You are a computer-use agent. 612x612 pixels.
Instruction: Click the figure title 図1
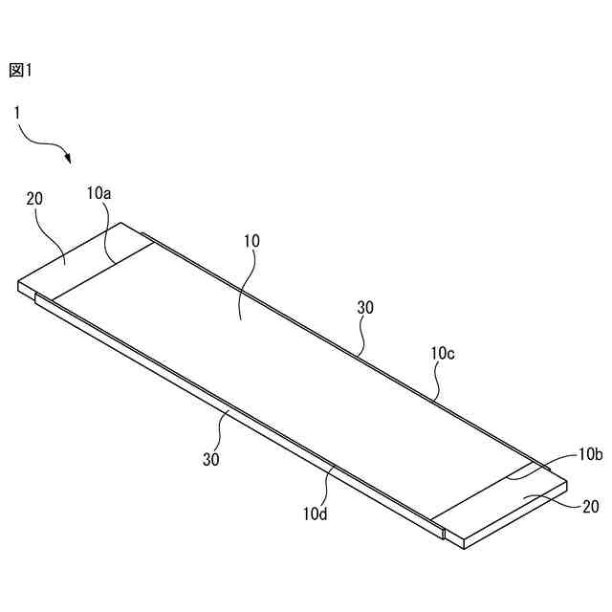[20, 70]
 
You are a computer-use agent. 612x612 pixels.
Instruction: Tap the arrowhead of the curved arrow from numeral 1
[70, 159]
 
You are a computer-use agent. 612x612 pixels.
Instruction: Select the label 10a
[98, 193]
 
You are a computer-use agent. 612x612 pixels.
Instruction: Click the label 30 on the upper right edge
[365, 308]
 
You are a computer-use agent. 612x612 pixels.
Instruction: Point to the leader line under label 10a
[111, 235]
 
